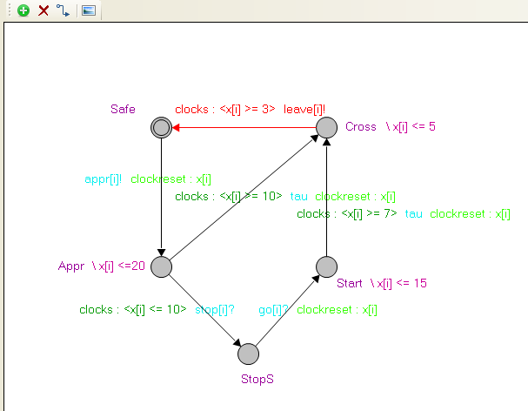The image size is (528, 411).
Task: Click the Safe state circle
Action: pyautogui.click(x=160, y=128)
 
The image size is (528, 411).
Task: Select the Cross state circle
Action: pyautogui.click(x=326, y=128)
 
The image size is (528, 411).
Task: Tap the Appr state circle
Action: pyautogui.click(x=160, y=266)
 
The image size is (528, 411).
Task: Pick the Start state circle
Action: pyautogui.click(x=326, y=266)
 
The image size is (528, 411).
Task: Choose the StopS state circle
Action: pyautogui.click(x=248, y=354)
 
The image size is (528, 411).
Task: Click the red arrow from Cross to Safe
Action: pyautogui.click(x=244, y=128)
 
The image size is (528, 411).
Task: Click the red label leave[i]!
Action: pyautogui.click(x=304, y=109)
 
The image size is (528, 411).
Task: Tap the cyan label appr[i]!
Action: pyautogui.click(x=103, y=179)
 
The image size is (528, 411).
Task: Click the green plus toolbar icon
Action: pyautogui.click(x=23, y=10)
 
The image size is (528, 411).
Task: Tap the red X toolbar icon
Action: pyautogui.click(x=43, y=10)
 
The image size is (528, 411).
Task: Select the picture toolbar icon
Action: pyautogui.click(x=88, y=10)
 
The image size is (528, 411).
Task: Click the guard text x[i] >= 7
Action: pyautogui.click(x=369, y=213)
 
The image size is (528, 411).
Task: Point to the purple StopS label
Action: pyautogui.click(x=257, y=379)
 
